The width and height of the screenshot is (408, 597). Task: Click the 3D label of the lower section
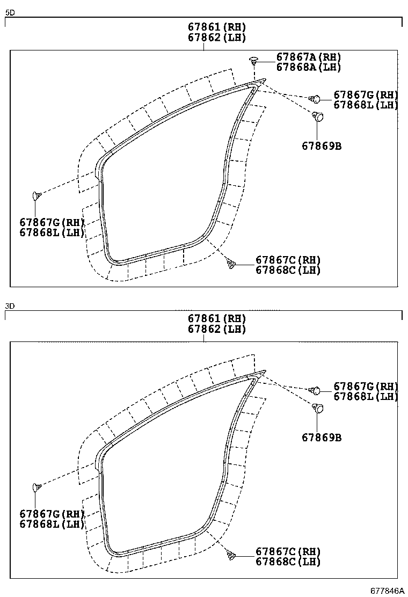[x=10, y=306]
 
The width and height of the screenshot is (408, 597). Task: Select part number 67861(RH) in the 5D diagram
[x=217, y=27]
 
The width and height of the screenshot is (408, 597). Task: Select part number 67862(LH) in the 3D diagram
[x=217, y=329]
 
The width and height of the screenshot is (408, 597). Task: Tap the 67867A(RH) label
[x=309, y=57]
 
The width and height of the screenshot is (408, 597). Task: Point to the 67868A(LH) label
[x=309, y=67]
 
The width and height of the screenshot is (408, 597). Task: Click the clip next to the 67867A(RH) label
[x=254, y=59]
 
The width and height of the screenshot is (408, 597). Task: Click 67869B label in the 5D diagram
[x=321, y=145]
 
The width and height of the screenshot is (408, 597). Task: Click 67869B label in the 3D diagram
[x=321, y=438]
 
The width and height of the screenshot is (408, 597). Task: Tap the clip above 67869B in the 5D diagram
[x=318, y=117]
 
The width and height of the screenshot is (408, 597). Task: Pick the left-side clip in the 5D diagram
[x=37, y=195]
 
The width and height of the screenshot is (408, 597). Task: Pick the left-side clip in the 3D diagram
[x=37, y=487]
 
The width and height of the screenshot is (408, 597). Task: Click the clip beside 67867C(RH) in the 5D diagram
[x=231, y=263]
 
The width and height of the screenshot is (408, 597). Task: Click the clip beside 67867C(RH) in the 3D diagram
[x=231, y=555]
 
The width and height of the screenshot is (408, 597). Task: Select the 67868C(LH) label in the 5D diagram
[x=288, y=270]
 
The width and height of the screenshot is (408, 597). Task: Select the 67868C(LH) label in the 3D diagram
[x=288, y=562]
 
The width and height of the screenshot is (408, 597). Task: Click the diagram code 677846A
[x=387, y=591]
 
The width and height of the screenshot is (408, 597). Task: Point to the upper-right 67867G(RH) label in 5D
[x=366, y=94]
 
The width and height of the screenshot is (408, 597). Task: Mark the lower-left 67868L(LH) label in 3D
[x=52, y=524]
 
